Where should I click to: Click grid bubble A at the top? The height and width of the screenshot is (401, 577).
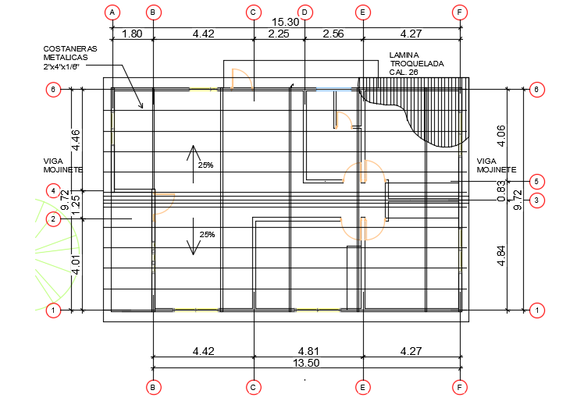point(112,12)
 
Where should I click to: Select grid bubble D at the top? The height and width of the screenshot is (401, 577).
point(305,12)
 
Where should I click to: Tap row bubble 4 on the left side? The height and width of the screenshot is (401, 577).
point(53,190)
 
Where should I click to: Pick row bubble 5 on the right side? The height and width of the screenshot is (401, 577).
point(536,181)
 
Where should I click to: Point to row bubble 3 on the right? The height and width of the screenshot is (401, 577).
point(536,200)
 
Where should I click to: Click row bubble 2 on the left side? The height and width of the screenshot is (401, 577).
point(53,219)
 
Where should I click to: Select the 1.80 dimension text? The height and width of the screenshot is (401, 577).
point(133,34)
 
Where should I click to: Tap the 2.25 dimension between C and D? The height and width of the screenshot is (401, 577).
point(279,34)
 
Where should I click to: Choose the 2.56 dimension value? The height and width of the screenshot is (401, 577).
point(333,34)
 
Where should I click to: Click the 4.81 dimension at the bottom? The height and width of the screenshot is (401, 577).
point(308,352)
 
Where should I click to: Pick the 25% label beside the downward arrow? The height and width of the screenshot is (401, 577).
point(207,234)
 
